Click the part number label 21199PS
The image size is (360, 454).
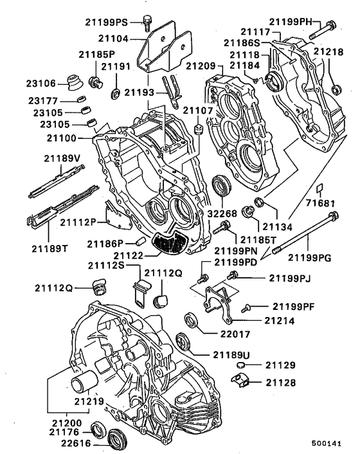tap(106, 23)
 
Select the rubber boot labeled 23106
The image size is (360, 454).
tap(75, 82)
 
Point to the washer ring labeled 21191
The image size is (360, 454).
tap(116, 93)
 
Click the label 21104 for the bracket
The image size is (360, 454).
tap(113, 38)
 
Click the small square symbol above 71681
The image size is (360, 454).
tap(319, 188)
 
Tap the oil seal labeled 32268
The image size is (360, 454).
tap(222, 185)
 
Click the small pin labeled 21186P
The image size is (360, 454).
tap(140, 241)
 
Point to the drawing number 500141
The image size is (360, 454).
tap(327, 443)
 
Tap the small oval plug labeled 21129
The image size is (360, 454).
tap(241, 365)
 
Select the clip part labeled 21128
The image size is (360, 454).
tap(240, 380)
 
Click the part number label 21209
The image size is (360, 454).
tap(201, 66)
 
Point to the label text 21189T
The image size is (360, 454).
tap(50, 248)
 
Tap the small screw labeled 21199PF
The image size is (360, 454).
tap(246, 308)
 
